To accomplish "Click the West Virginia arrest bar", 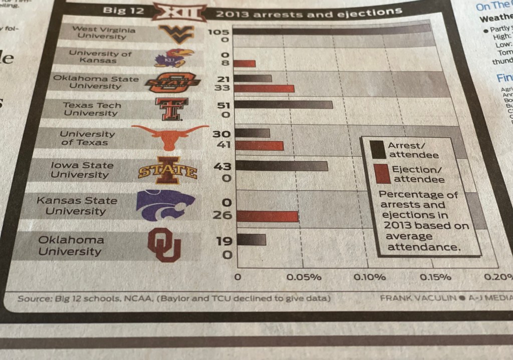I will pyautogui.click(x=331, y=30).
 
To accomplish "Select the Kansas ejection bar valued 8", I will pyautogui.click(x=245, y=64).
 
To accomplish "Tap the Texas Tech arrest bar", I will pyautogui.click(x=284, y=105).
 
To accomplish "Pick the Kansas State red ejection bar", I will pyautogui.click(x=268, y=216).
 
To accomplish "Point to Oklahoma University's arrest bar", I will pyautogui.click(x=251, y=239).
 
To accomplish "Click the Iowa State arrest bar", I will pyautogui.click(x=282, y=166).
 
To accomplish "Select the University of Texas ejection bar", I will pyautogui.click(x=260, y=146).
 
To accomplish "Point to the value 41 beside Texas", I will pyautogui.click(x=222, y=145).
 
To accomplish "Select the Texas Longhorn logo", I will pyautogui.click(x=170, y=137).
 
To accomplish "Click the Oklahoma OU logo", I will pyautogui.click(x=164, y=244).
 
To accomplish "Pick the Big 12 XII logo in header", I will pyautogui.click(x=179, y=12).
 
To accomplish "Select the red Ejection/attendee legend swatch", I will pyautogui.click(x=382, y=174).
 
